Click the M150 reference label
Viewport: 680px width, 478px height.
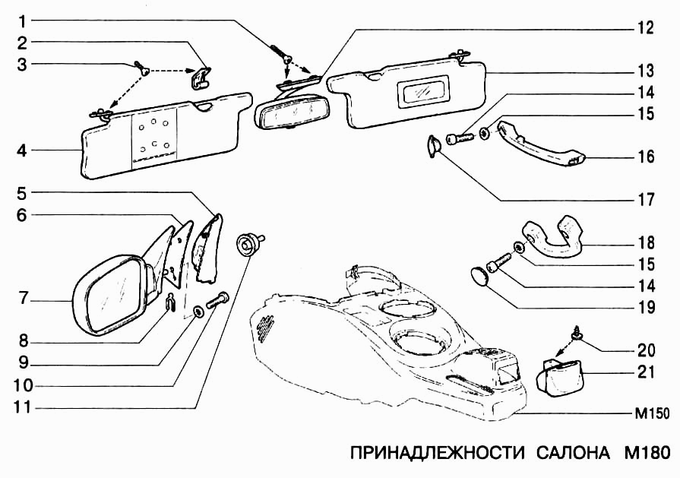[651, 415]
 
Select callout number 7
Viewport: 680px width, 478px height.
[24, 299]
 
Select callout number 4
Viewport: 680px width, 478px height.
[24, 150]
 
